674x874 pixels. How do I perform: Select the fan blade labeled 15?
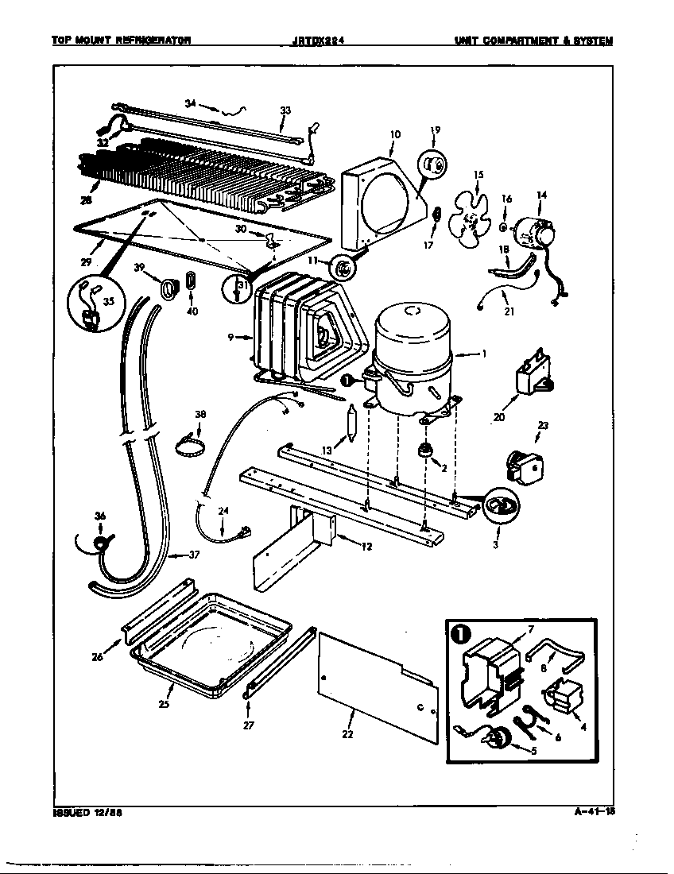[x=469, y=214]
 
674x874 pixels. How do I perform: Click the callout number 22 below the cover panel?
[x=347, y=733]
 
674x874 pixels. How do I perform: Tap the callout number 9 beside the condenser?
[x=229, y=338]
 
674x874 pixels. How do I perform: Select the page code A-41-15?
[x=595, y=812]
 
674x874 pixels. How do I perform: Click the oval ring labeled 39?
[x=168, y=290]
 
